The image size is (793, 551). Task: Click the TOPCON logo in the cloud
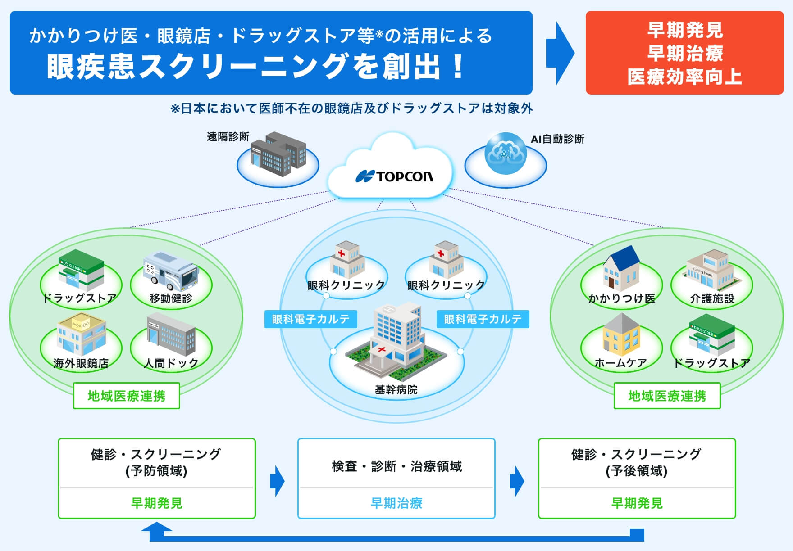click(x=395, y=176)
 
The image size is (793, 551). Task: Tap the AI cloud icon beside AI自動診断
click(x=506, y=153)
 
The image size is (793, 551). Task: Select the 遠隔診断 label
click(x=228, y=137)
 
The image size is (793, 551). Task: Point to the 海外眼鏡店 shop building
click(x=81, y=335)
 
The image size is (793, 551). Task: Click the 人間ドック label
click(x=171, y=363)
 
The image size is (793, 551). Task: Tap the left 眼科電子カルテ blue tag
click(x=310, y=319)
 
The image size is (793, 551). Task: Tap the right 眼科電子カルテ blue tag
click(x=483, y=319)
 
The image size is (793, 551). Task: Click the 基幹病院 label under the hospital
click(x=396, y=389)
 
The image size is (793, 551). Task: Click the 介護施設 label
click(x=712, y=298)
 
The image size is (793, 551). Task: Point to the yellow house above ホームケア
click(x=621, y=334)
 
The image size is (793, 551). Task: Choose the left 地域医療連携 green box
click(x=127, y=396)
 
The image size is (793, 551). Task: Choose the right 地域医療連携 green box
click(x=667, y=396)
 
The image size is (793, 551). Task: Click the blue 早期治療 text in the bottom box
click(x=396, y=503)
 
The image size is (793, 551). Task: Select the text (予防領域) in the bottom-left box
click(x=156, y=471)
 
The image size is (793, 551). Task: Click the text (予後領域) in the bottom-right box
click(x=636, y=471)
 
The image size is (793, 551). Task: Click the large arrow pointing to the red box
click(x=560, y=53)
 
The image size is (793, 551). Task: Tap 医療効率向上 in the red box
click(x=684, y=77)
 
